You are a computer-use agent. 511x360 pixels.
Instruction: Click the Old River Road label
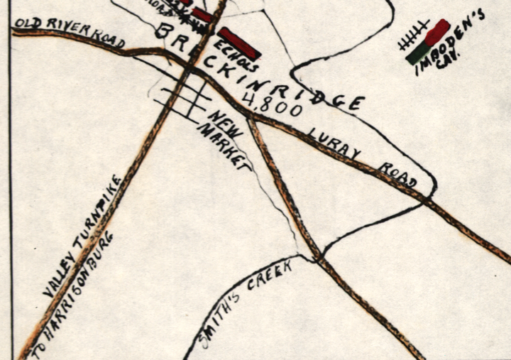tap(69, 33)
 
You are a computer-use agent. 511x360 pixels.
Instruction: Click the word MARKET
tap(224, 148)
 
